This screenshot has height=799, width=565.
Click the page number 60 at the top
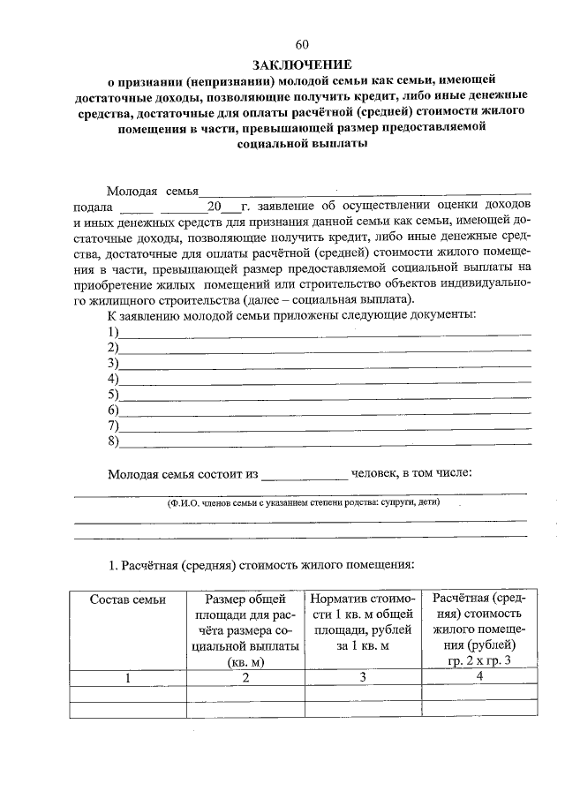point(302,45)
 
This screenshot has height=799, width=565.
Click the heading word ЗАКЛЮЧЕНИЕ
point(302,64)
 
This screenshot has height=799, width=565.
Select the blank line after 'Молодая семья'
point(364,190)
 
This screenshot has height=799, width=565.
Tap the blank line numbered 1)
point(325,333)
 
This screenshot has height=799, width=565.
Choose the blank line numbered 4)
point(325,379)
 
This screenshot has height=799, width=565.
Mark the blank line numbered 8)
point(325,441)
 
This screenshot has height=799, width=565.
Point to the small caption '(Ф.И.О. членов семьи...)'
point(303,502)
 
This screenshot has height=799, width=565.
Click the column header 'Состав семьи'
point(128,600)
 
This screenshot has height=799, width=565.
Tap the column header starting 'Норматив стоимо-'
point(362,622)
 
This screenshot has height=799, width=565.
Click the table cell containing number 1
point(128,678)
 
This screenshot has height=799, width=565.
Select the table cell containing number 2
point(245,678)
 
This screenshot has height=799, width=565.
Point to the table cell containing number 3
point(362,678)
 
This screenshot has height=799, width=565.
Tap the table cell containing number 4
point(479,677)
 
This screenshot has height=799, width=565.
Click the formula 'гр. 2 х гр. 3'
point(479,660)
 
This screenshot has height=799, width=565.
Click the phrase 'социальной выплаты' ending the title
point(302,144)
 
